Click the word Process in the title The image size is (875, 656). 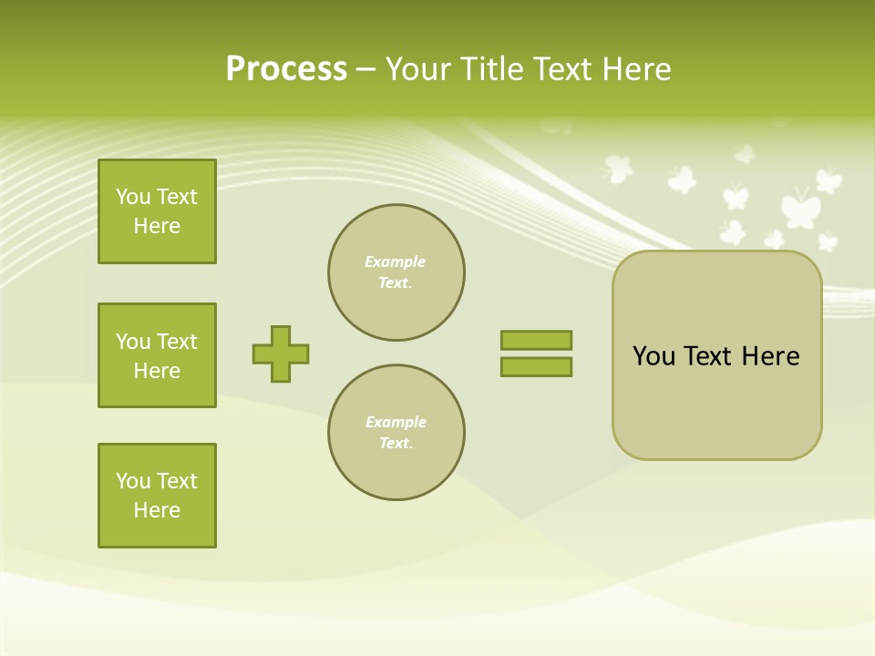pyautogui.click(x=286, y=69)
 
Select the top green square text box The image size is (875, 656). pyautogui.click(x=157, y=211)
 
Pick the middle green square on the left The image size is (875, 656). pyautogui.click(x=157, y=355)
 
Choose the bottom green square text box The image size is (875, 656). pyautogui.click(x=157, y=496)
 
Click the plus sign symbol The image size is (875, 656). pyautogui.click(x=281, y=354)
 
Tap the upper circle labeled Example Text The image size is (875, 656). pyautogui.click(x=396, y=272)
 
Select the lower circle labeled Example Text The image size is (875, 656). pyautogui.click(x=396, y=433)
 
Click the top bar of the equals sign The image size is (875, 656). pyautogui.click(x=536, y=340)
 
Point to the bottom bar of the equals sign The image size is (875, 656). pyautogui.click(x=536, y=366)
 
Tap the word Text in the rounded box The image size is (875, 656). pyautogui.click(x=707, y=356)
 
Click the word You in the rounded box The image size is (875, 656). pyautogui.click(x=654, y=356)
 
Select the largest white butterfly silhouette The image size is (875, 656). pyautogui.click(x=799, y=208)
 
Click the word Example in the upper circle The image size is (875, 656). pyautogui.click(x=396, y=261)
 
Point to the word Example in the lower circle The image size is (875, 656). pyautogui.click(x=396, y=422)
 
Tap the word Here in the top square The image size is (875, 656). pyautogui.click(x=157, y=226)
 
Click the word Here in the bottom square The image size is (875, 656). pyautogui.click(x=157, y=510)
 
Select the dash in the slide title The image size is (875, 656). pyautogui.click(x=366, y=69)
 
